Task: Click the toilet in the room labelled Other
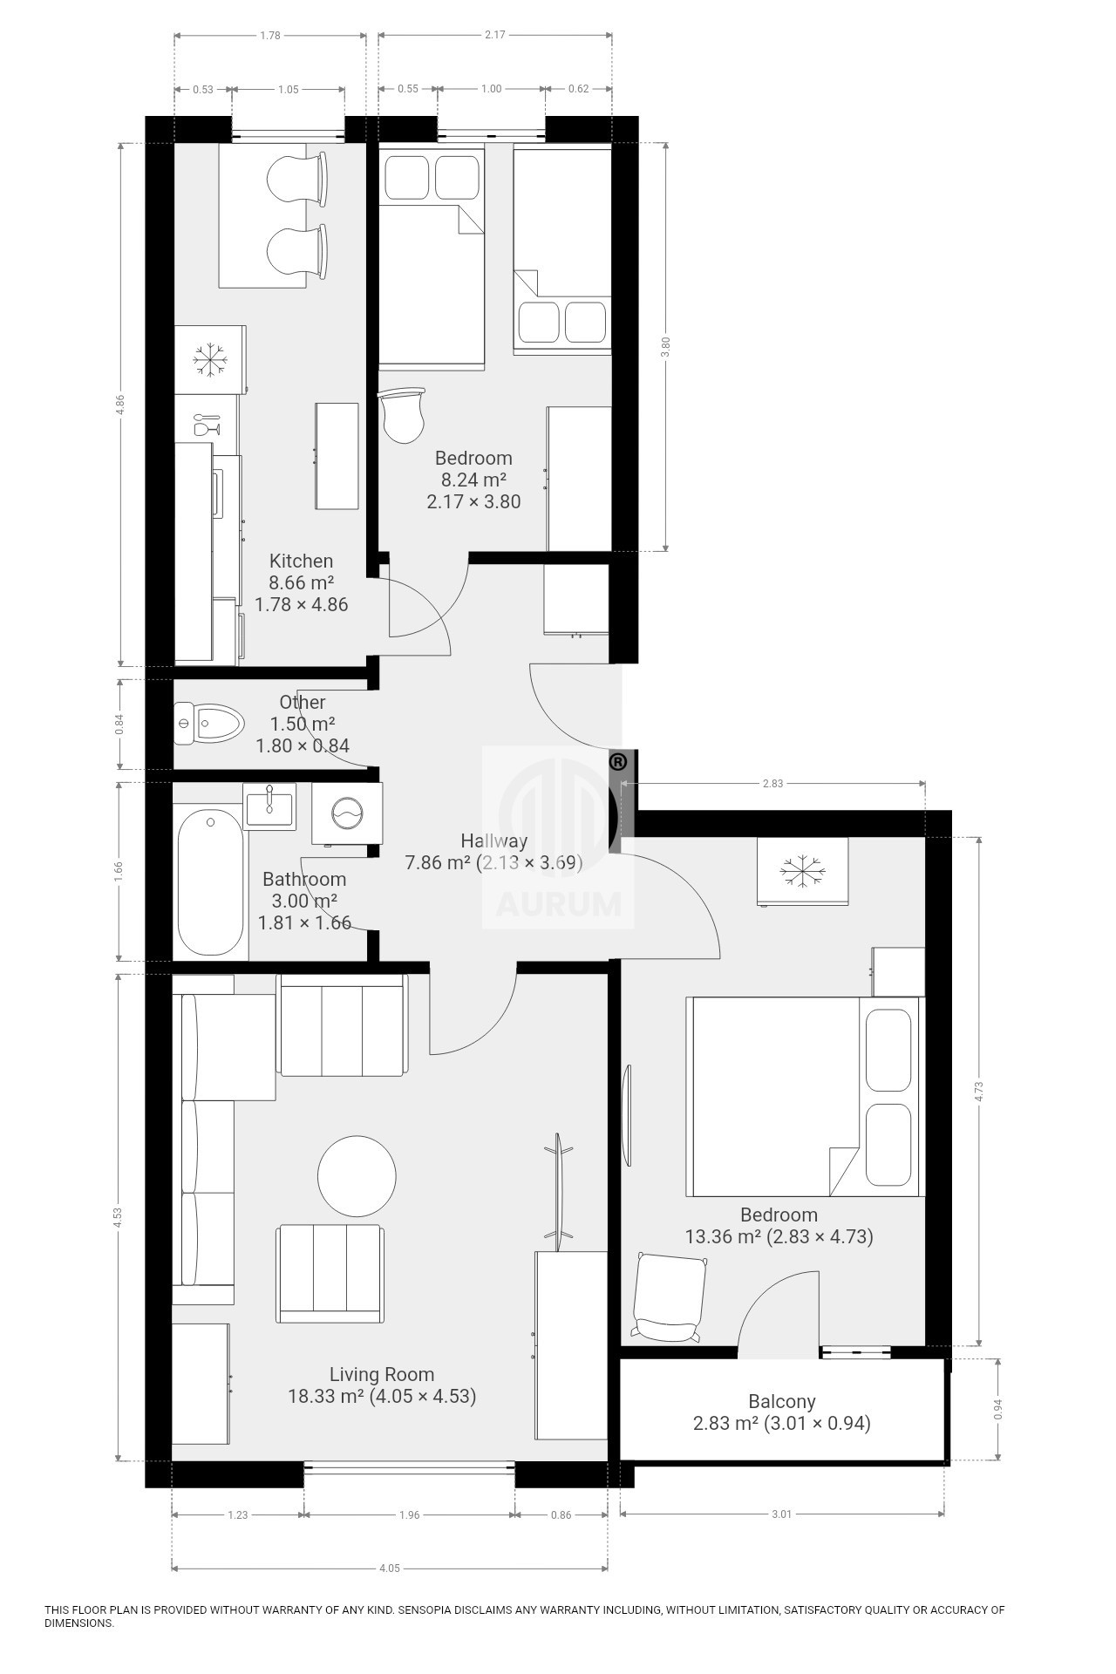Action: click(x=209, y=723)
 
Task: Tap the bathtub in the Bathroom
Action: click(x=210, y=881)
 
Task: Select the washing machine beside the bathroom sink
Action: click(x=347, y=813)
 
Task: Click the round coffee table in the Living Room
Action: click(x=357, y=1175)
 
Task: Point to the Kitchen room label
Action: click(x=301, y=561)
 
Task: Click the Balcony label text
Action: click(x=782, y=1401)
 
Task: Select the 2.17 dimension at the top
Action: click(x=494, y=35)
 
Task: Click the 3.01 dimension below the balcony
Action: click(x=781, y=1514)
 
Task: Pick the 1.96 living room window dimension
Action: click(x=409, y=1514)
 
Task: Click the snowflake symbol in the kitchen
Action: click(x=209, y=359)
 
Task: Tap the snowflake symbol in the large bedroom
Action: click(x=801, y=872)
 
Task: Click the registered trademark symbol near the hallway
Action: click(x=617, y=762)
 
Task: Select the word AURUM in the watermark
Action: click(x=558, y=905)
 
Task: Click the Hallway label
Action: click(x=494, y=840)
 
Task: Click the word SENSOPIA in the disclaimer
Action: click(x=427, y=1609)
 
